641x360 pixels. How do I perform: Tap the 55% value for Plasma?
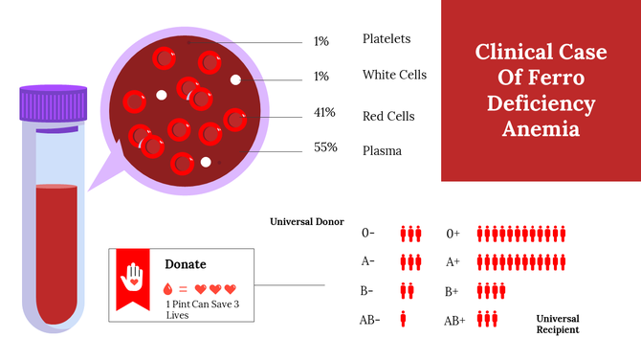tap(325, 148)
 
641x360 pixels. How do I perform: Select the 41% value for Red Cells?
tap(324, 113)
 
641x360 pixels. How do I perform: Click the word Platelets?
tap(387, 39)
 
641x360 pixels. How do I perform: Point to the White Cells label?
tap(394, 75)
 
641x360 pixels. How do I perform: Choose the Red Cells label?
tap(388, 116)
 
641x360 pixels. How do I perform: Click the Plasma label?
tap(382, 150)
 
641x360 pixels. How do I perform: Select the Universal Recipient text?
tap(558, 324)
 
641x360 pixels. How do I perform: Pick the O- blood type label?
tap(368, 233)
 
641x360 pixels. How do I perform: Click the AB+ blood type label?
tap(454, 321)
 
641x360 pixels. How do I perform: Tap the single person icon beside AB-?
tap(403, 320)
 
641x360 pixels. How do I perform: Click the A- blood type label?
tap(368, 261)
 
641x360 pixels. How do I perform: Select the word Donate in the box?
tap(186, 263)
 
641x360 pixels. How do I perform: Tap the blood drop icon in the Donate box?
tap(169, 288)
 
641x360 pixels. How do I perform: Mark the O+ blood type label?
tap(453, 233)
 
